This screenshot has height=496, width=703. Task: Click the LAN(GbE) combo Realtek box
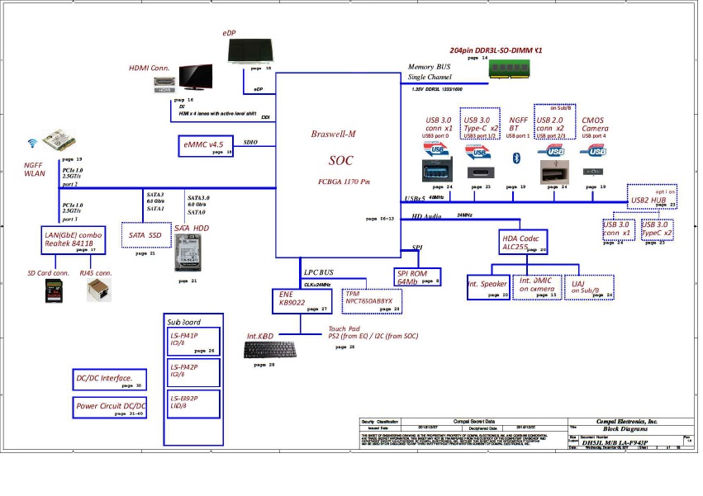75,240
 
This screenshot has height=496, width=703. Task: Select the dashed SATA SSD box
145,235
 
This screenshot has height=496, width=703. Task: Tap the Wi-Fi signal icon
32,141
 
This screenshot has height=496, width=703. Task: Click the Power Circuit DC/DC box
111,406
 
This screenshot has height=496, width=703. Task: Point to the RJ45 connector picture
97,290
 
